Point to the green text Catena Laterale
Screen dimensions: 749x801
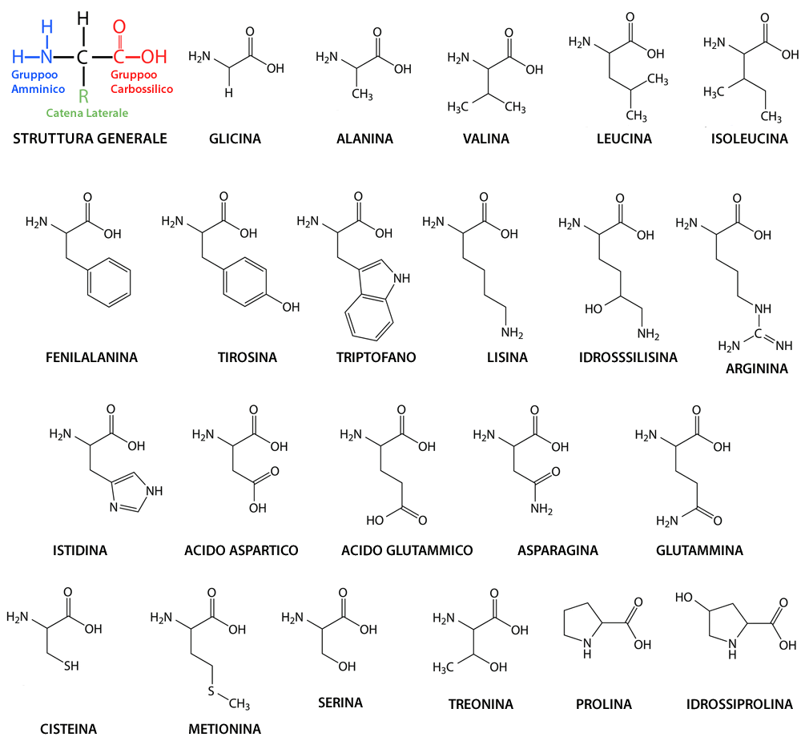[x=87, y=114]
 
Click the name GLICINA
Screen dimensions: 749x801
[x=235, y=139]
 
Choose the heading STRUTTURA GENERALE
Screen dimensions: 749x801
[x=90, y=139]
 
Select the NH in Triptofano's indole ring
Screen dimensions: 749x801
[x=400, y=279]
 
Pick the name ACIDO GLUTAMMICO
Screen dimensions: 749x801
[x=407, y=550]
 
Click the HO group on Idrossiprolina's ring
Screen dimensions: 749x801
[x=684, y=597]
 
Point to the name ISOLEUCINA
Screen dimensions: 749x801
[x=749, y=139]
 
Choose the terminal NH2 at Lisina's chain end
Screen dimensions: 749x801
[x=512, y=332]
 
